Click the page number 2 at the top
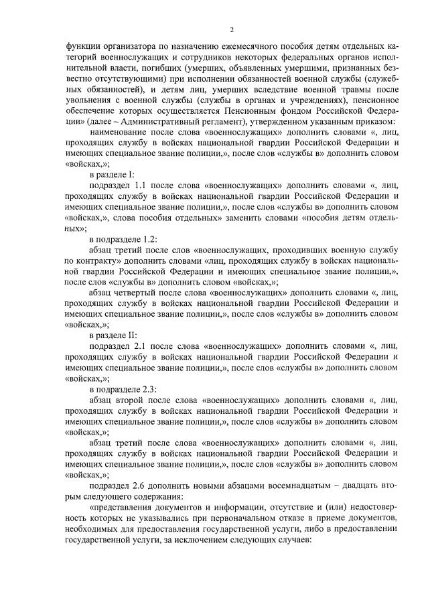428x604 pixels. tap(231, 29)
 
